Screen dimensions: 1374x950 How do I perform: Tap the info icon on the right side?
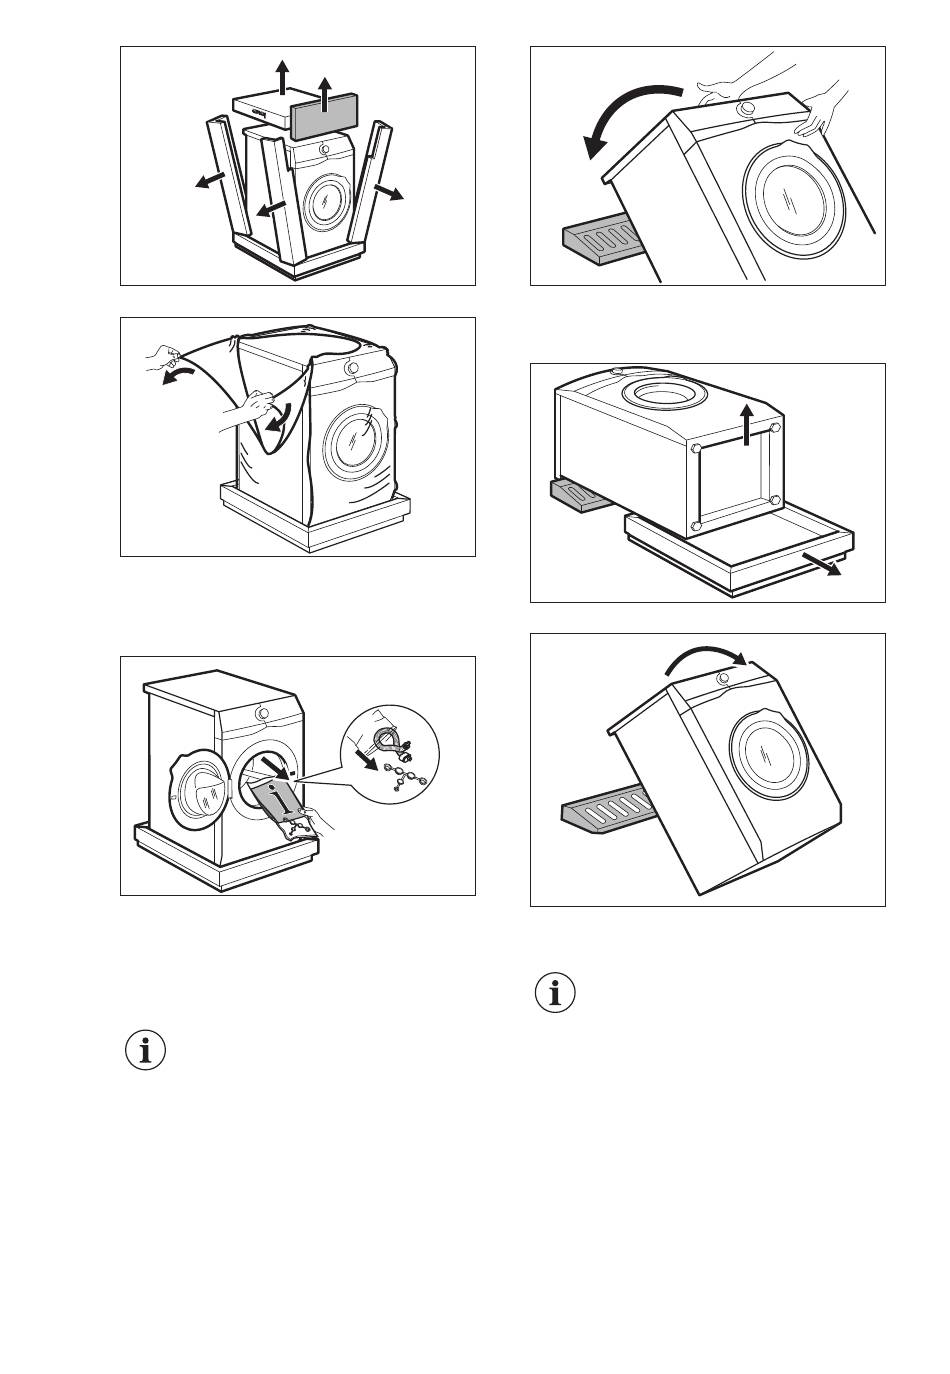pyautogui.click(x=555, y=993)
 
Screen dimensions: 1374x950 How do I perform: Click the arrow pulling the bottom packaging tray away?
pyautogui.click(x=823, y=566)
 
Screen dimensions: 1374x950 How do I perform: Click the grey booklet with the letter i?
pyautogui.click(x=282, y=800)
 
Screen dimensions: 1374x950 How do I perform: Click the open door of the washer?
pyautogui.click(x=198, y=790)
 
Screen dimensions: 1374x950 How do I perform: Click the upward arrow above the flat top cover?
pyautogui.click(x=283, y=75)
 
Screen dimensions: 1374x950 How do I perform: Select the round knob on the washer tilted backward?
pyautogui.click(x=746, y=108)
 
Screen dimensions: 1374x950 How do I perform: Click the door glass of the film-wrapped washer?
pyautogui.click(x=357, y=436)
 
